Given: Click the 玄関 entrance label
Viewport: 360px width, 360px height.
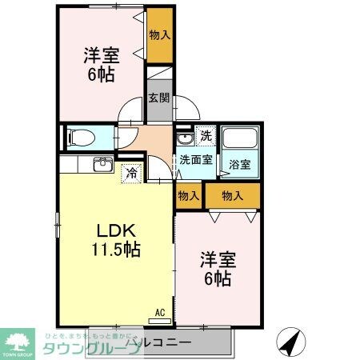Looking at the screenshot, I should pos(158,99).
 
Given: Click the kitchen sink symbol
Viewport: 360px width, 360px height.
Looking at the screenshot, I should pos(102,166).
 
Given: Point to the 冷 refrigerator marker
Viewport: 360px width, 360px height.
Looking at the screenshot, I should pos(130,171).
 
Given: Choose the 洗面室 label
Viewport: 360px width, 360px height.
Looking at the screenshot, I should pos(196,158).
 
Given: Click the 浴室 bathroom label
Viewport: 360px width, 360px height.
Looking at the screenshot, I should pos(240,164).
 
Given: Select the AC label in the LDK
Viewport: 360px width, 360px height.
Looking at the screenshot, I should pos(159,312).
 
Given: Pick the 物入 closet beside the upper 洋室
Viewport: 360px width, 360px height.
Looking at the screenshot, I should pos(158,34).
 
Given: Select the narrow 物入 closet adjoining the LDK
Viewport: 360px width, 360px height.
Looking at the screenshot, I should pos(188,196).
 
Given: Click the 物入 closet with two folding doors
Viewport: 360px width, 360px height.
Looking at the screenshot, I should pos(232,196).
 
